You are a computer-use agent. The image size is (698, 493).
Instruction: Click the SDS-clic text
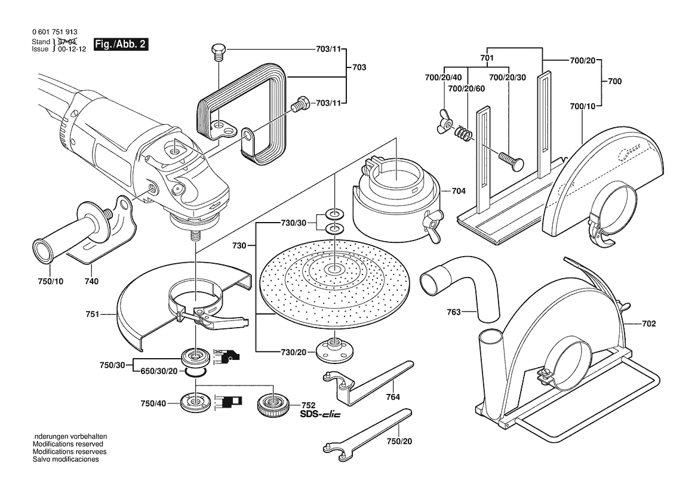click(320, 415)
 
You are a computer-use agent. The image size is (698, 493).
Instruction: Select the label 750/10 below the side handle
click(51, 281)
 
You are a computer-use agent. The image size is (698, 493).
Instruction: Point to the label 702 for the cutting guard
click(649, 324)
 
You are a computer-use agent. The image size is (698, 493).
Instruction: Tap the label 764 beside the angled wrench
click(392, 396)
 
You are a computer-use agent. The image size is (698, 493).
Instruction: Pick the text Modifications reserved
click(67, 445)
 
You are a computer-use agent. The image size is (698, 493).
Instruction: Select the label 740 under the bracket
click(91, 281)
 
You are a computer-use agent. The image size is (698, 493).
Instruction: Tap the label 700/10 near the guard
click(583, 107)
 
